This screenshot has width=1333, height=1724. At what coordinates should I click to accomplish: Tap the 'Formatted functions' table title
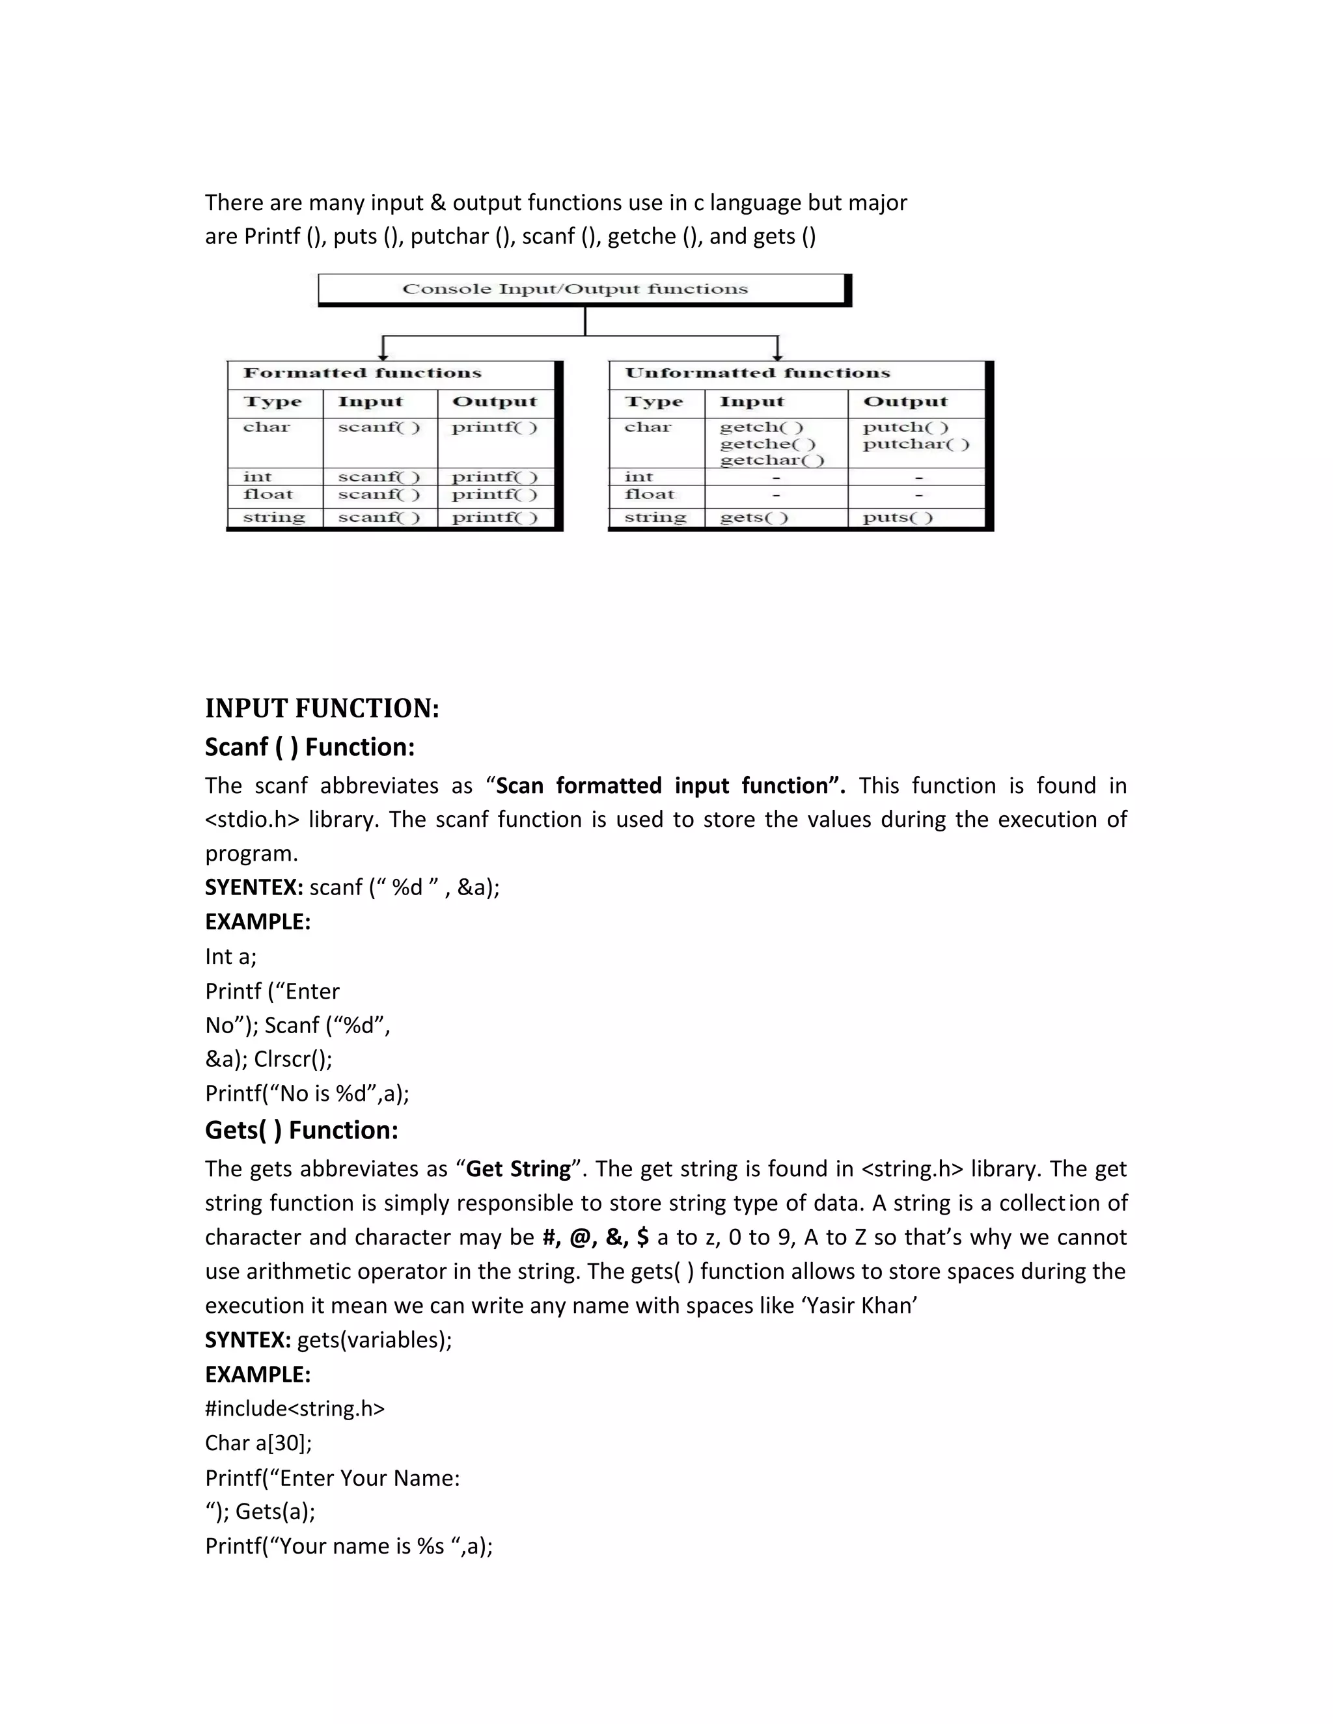[x=362, y=373]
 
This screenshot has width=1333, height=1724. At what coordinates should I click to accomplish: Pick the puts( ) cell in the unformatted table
[x=897, y=518]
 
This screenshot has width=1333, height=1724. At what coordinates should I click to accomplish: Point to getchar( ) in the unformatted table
[x=771, y=460]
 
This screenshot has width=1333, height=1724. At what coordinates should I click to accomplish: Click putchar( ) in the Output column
[x=915, y=444]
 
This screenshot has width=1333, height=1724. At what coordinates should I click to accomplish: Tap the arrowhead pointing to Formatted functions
[x=383, y=356]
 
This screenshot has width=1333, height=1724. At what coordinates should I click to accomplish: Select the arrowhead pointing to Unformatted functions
[x=778, y=356]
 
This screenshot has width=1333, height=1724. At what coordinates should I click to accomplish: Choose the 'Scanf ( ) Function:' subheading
[x=310, y=747]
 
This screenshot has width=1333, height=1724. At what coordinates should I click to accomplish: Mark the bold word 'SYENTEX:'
[x=253, y=887]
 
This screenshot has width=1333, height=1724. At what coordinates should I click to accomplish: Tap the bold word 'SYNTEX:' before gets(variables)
[x=248, y=1340]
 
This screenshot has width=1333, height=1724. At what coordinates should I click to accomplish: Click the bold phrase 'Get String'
[x=518, y=1169]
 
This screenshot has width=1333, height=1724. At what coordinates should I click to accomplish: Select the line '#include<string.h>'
[x=295, y=1408]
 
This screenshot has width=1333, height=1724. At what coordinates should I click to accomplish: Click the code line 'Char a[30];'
[x=258, y=1443]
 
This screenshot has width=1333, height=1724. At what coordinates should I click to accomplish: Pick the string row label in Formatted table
[x=273, y=518]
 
